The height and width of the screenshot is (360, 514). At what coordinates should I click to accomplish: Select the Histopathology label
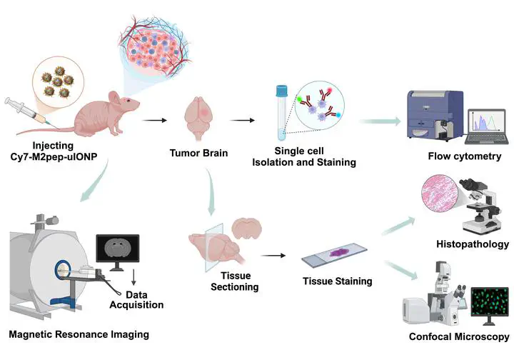click(472, 244)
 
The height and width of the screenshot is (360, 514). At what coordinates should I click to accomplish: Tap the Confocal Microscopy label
click(459, 336)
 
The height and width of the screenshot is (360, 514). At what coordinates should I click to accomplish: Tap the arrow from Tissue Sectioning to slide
click(274, 254)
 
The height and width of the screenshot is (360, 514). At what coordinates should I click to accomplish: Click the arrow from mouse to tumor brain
click(151, 120)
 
